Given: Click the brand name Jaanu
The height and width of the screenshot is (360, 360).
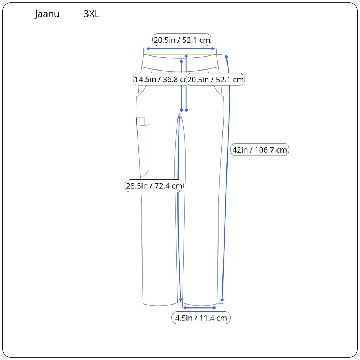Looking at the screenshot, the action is click(x=47, y=14).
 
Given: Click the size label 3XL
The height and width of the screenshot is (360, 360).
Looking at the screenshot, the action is click(x=91, y=14).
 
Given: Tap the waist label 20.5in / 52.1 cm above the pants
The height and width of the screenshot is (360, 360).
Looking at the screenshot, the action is click(x=181, y=40).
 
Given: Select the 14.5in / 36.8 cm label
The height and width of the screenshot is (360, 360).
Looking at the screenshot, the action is click(x=160, y=80).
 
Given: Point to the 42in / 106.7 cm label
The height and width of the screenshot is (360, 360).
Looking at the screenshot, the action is click(x=260, y=150).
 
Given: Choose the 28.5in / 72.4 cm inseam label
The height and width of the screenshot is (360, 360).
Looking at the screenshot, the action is click(x=154, y=185).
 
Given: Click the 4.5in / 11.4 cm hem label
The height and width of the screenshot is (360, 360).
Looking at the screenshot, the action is click(x=201, y=318).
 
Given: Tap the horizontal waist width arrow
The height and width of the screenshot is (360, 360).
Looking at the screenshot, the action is click(x=180, y=49).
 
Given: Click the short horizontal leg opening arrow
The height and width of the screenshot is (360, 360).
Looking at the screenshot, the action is click(x=199, y=308).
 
